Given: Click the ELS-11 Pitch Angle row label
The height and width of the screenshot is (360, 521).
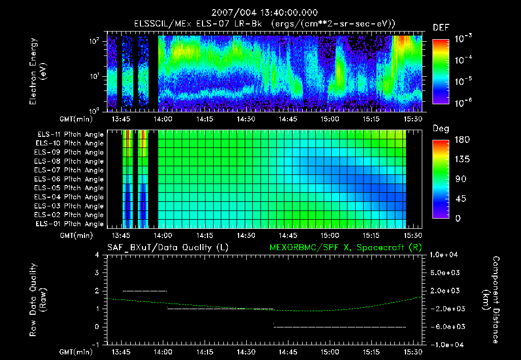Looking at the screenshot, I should coord(70,135).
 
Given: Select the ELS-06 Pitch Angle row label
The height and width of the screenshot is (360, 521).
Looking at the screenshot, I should coord(70,179).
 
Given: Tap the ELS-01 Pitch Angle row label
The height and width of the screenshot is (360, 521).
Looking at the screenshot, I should coord(70,224).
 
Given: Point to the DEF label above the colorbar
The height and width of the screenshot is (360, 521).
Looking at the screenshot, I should coord(441,28).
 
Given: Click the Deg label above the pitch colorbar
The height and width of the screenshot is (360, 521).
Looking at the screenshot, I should coord(441,129).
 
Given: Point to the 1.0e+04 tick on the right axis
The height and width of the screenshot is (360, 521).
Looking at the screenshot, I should coord(445,255).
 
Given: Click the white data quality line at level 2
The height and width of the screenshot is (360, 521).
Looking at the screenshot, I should coord(145,291).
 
